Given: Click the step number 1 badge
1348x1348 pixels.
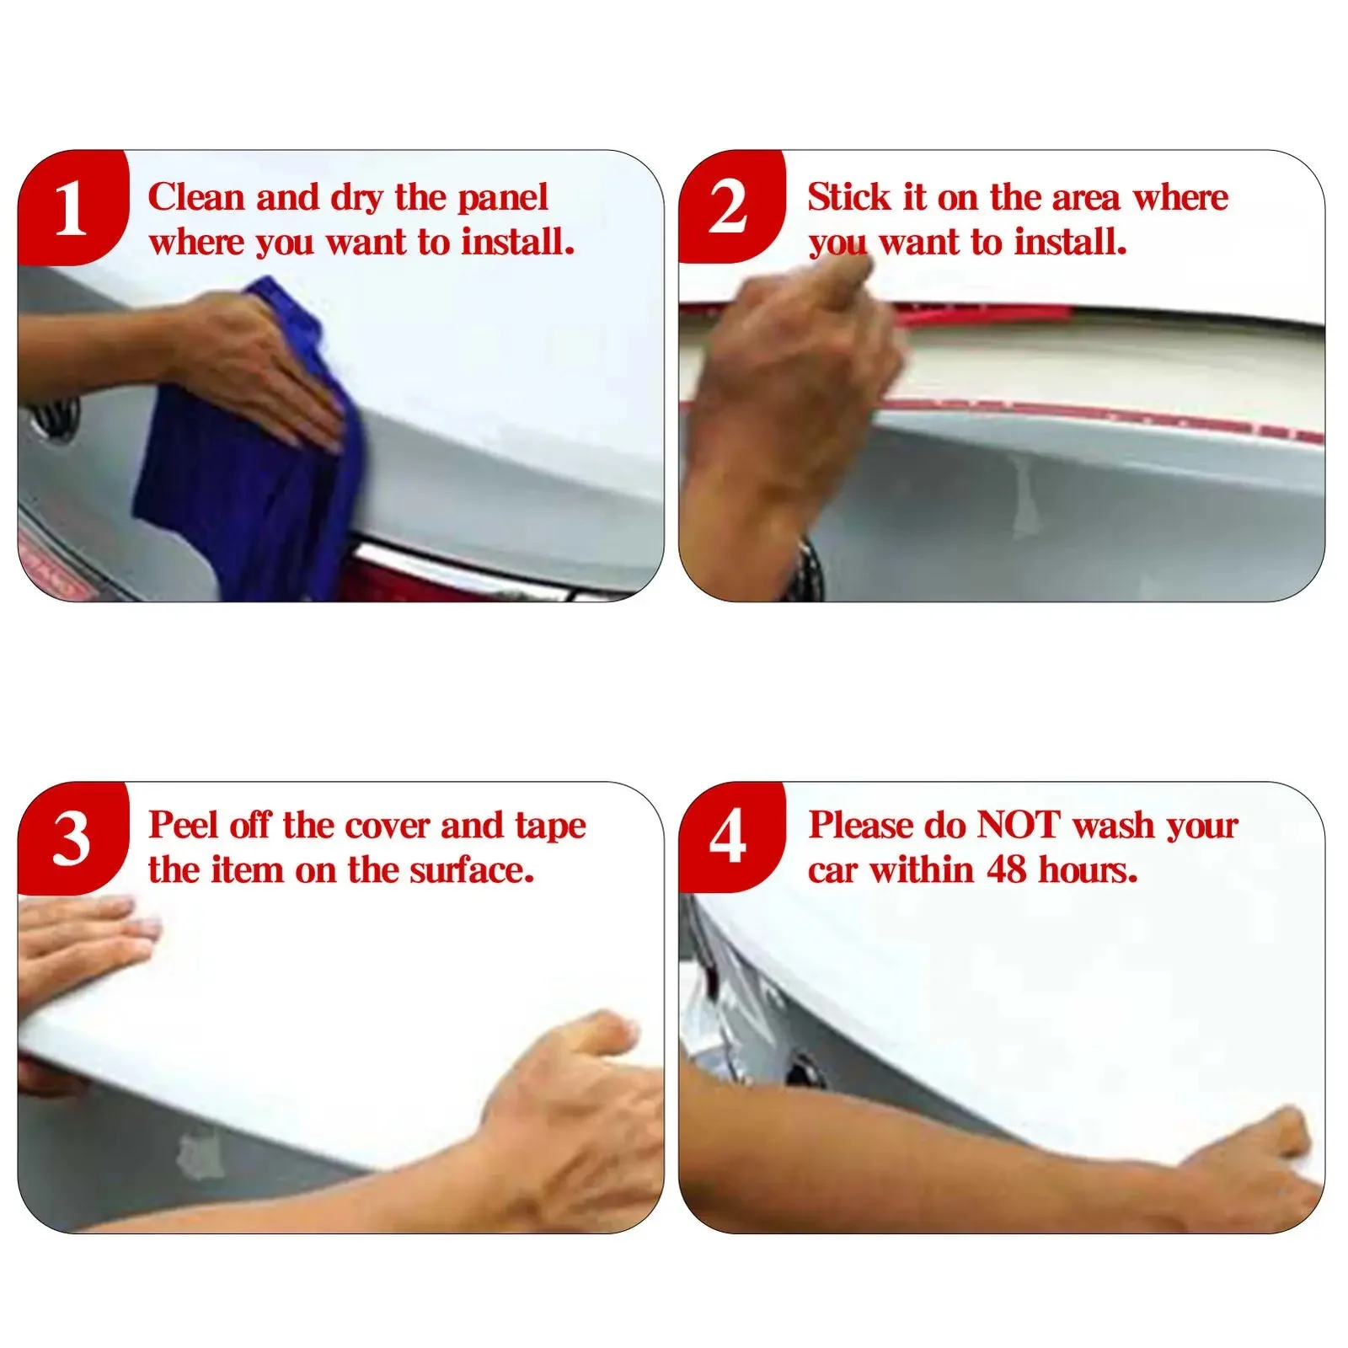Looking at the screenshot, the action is pos(72,208).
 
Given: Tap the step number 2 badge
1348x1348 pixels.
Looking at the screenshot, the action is pos(730,207).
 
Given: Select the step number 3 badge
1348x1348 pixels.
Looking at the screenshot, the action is pos(72,838).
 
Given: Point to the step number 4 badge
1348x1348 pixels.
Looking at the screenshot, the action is pos(730,837).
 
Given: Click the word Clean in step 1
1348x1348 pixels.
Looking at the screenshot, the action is pos(197,197).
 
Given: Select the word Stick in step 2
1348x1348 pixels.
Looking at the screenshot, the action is pos(849,197).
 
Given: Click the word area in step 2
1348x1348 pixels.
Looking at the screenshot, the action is pos(1086,200).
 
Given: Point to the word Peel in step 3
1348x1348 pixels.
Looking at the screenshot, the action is pos(184,825).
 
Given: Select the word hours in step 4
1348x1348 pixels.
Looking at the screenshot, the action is pos(1088,870).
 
